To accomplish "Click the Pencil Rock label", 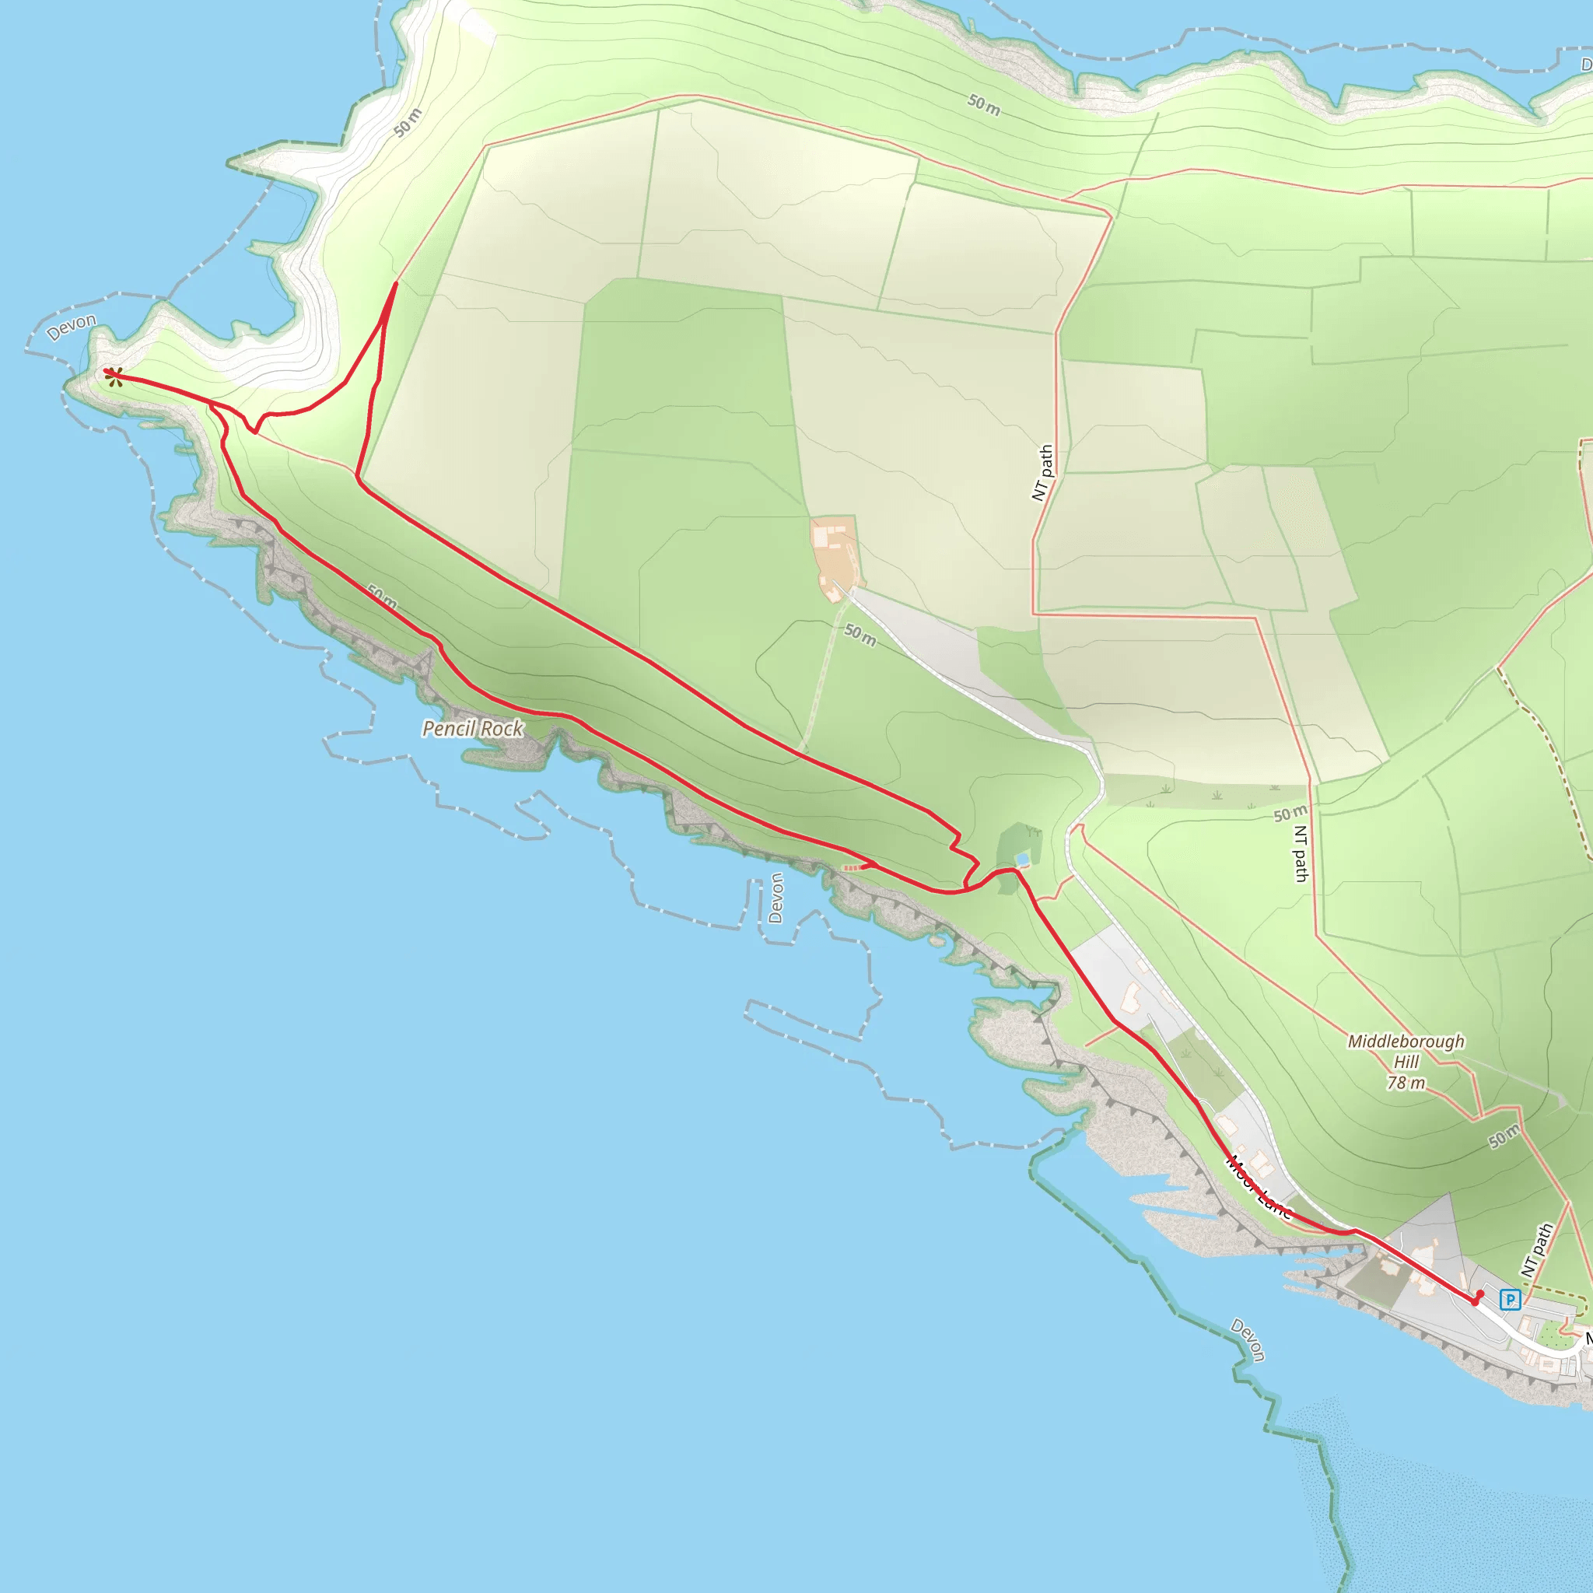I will coord(472,729).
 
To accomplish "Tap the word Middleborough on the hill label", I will coord(1406,1042).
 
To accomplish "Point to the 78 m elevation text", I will coord(1406,1084).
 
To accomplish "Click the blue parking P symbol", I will coord(1510,1301).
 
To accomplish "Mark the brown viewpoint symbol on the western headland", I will coord(114,376).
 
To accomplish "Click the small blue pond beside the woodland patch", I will coord(1022,860).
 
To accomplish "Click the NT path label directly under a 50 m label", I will coord(1301,854).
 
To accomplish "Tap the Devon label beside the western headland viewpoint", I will coord(71,327).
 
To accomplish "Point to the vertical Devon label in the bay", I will coord(775,898).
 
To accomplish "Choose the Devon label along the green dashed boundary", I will coord(1248,1340).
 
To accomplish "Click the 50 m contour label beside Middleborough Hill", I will coord(1505,1137).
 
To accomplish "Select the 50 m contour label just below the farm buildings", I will coord(860,635).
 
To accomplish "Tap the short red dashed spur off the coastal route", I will coord(856,867).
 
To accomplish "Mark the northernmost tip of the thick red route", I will coord(396,284).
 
